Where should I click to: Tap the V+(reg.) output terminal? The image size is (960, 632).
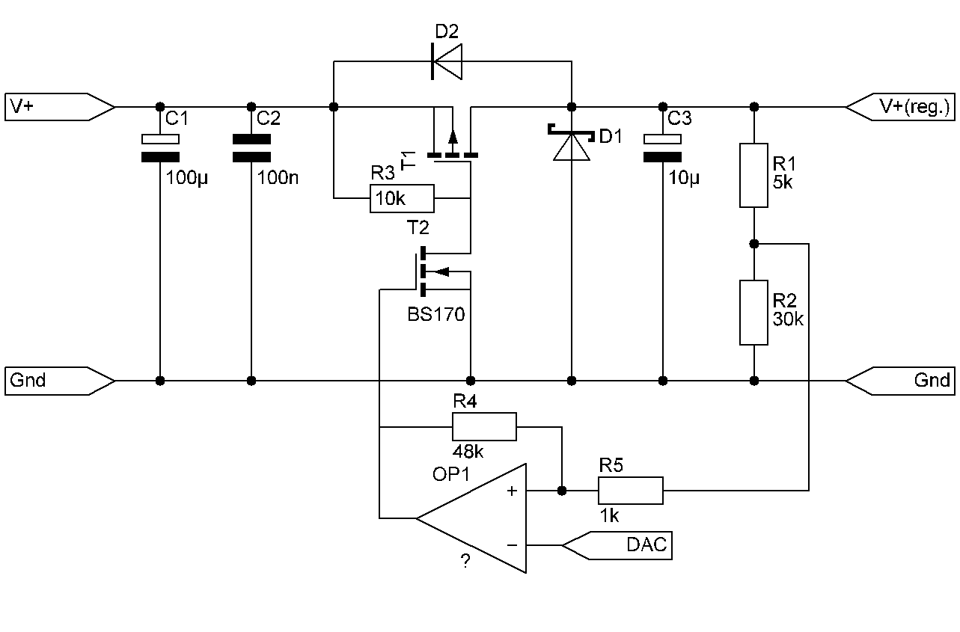pos(900,107)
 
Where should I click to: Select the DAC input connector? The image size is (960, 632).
pos(617,545)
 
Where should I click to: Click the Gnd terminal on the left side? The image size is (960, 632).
pos(60,381)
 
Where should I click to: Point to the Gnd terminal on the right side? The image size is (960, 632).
pos(900,381)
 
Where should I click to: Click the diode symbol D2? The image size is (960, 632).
pos(447,61)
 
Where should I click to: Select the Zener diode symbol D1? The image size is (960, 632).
pos(571,142)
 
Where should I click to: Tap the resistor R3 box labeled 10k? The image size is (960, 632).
pos(402,198)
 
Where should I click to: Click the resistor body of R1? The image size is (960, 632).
pos(753,175)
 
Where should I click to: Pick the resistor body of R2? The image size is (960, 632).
pos(753,313)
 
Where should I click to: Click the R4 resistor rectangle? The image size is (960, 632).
pos(484,427)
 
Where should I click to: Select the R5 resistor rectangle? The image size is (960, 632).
pos(631,491)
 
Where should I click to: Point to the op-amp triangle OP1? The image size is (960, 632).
pos(471,518)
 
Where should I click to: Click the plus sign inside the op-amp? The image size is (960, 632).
pos(512,491)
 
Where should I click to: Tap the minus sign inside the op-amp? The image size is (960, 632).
pos(512,545)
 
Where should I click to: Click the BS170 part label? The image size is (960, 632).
pos(436,314)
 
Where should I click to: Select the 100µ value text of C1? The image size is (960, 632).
pos(186,178)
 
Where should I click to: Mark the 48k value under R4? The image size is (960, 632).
pos(468,452)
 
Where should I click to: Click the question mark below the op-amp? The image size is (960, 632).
pos(465,561)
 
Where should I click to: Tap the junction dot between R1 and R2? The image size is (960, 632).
pos(754,245)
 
